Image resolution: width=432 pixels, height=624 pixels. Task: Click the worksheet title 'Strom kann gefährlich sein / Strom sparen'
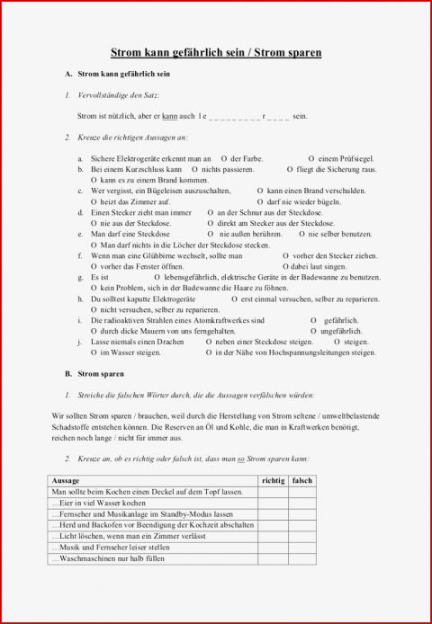coord(216,54)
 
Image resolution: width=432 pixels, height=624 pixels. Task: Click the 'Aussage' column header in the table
coord(67,481)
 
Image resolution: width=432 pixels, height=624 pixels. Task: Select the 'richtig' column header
coord(272,481)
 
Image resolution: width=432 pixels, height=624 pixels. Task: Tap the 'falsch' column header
coord(303,481)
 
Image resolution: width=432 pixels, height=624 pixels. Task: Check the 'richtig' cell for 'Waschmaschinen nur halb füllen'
coord(272,559)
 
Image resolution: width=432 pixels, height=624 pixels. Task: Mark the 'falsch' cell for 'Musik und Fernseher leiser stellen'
coord(303,548)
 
